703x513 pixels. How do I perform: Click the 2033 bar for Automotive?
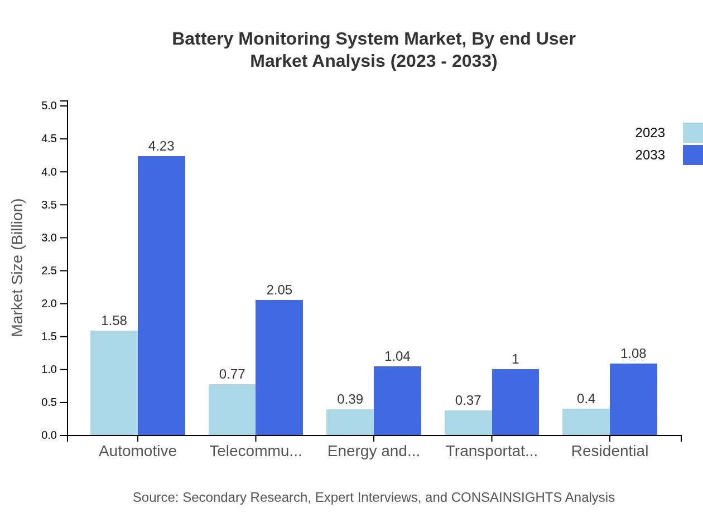coord(161,296)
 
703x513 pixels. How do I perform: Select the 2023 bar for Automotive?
coord(114,383)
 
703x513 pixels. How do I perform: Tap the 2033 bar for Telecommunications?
coord(279,367)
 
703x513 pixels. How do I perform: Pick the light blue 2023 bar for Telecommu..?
coord(232,410)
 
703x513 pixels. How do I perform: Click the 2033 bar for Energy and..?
coord(397,401)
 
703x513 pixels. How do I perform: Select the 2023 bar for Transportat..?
coord(468,423)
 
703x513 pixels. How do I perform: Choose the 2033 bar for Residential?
coord(633,399)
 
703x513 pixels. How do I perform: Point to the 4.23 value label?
coord(161,146)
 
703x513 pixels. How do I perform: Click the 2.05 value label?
coord(279,290)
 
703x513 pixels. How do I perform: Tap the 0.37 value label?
coord(468,400)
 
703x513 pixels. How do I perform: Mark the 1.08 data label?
coord(633,354)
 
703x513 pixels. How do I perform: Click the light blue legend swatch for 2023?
coord(692,133)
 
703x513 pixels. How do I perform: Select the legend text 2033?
coord(650,155)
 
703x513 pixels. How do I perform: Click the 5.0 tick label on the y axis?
coord(50,105)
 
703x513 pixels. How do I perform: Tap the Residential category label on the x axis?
coord(610,451)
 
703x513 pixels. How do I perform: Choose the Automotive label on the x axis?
coord(138,451)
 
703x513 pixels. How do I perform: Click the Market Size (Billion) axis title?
coord(18,268)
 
